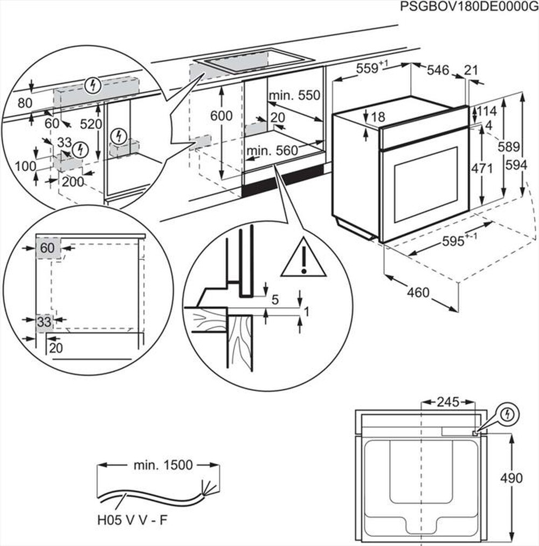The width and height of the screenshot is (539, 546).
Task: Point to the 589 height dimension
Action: (509, 147)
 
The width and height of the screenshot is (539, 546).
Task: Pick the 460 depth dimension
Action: (418, 293)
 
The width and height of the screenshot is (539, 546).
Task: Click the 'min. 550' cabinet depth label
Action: (295, 95)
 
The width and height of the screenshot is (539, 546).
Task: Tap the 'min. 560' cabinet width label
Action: (272, 151)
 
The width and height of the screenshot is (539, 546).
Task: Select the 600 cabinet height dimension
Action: (222, 116)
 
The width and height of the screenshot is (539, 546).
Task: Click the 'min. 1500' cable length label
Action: (163, 465)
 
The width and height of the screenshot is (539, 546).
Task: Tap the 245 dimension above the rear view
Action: (447, 402)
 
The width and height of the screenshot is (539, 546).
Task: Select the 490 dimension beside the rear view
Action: (511, 478)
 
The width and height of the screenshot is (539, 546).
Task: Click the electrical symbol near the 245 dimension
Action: (507, 414)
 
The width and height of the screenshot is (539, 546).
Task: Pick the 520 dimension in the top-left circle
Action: (91, 125)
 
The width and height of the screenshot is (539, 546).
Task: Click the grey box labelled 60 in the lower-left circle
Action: (48, 248)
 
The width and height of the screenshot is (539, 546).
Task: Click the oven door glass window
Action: (426, 184)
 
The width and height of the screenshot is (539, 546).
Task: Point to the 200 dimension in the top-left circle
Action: (72, 182)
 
